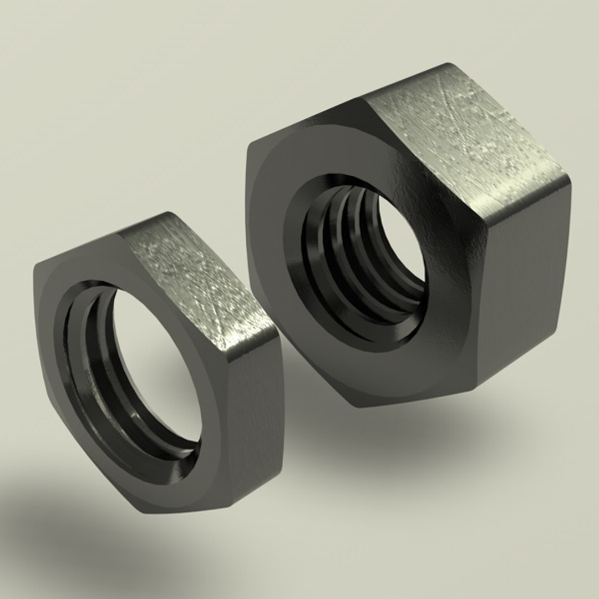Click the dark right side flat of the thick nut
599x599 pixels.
527,288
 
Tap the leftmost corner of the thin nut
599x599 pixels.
34,272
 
